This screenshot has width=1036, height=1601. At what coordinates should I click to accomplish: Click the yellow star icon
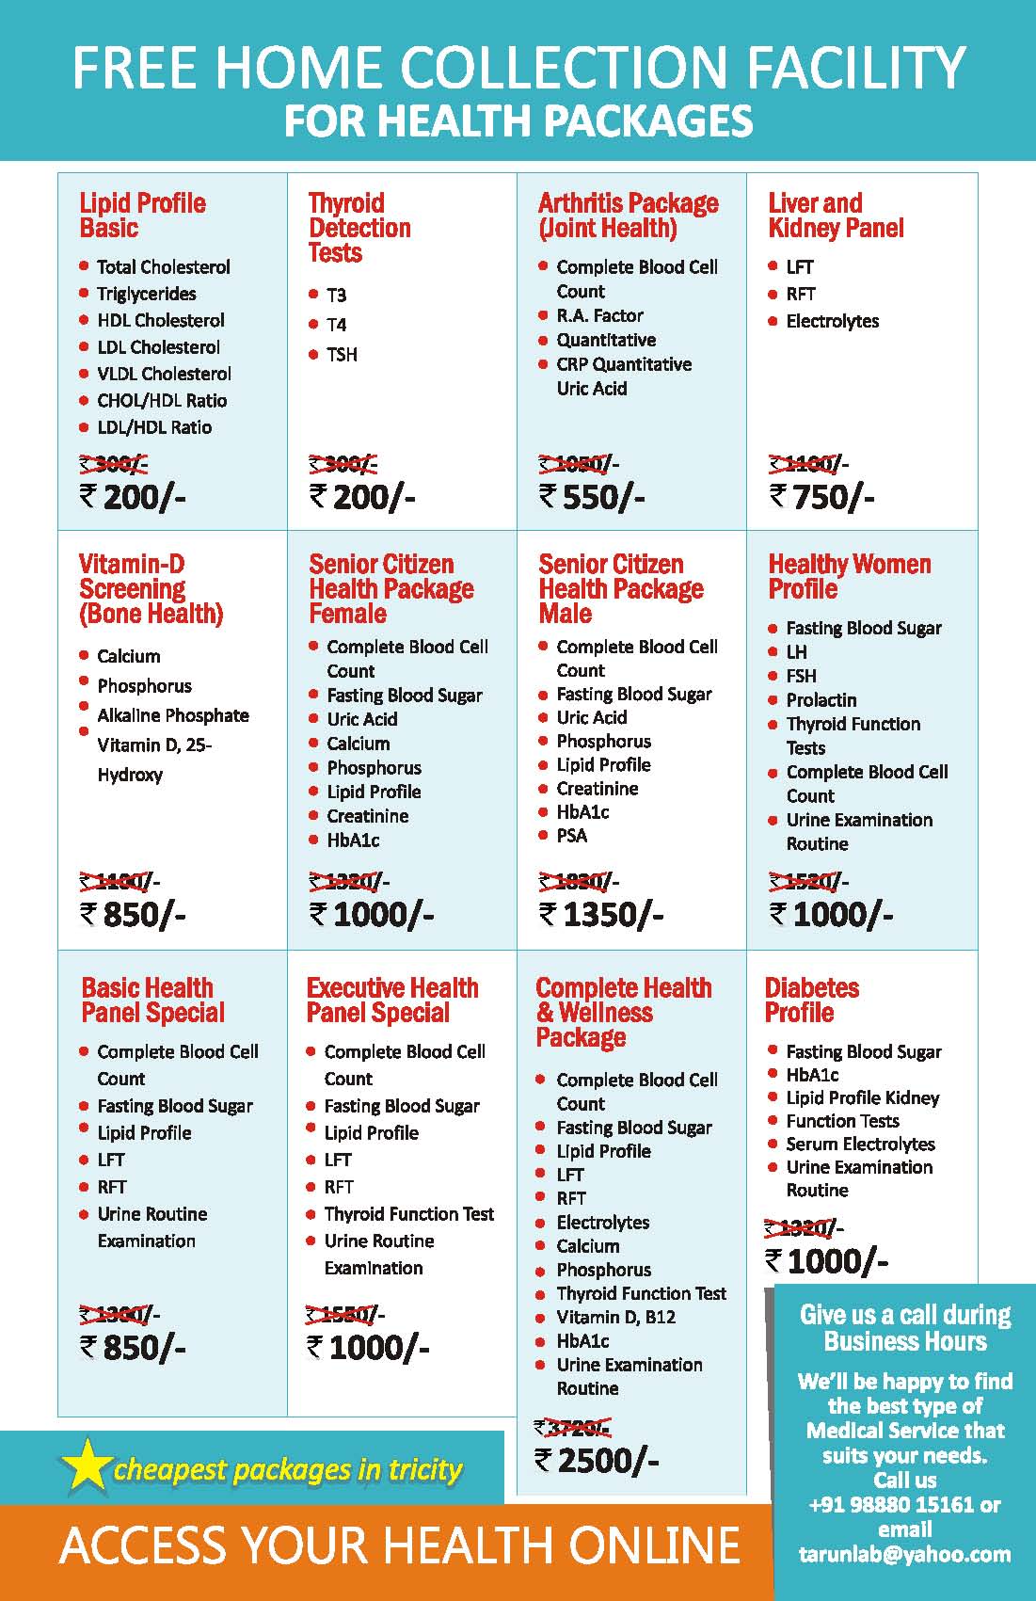click(85, 1466)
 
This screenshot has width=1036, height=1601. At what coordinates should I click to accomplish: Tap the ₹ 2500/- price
click(598, 1460)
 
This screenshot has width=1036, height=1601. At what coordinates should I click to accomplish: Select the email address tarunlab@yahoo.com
click(904, 1554)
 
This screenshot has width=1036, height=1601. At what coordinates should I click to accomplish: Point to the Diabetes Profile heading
click(811, 1000)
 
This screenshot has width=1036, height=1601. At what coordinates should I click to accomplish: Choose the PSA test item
click(571, 836)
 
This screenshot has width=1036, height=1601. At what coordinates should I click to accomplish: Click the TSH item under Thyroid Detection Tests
click(342, 355)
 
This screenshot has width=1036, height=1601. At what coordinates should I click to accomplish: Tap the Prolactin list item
click(821, 700)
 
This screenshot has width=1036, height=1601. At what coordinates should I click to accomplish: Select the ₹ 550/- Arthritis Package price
click(592, 496)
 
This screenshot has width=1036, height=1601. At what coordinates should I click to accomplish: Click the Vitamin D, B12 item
click(615, 1317)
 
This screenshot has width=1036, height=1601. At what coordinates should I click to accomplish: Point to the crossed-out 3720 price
click(574, 1427)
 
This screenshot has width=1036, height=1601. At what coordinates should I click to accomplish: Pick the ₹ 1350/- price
click(601, 914)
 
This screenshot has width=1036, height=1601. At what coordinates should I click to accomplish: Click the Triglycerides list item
click(146, 294)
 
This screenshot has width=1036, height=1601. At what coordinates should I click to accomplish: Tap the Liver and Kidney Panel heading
click(836, 216)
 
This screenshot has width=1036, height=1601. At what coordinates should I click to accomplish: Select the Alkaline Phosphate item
click(173, 715)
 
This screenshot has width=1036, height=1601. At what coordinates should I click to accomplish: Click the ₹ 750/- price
click(822, 496)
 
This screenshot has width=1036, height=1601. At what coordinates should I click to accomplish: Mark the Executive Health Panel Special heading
click(392, 1000)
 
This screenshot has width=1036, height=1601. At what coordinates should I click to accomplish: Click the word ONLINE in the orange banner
click(655, 1545)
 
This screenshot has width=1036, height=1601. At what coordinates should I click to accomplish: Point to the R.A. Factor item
click(599, 315)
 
